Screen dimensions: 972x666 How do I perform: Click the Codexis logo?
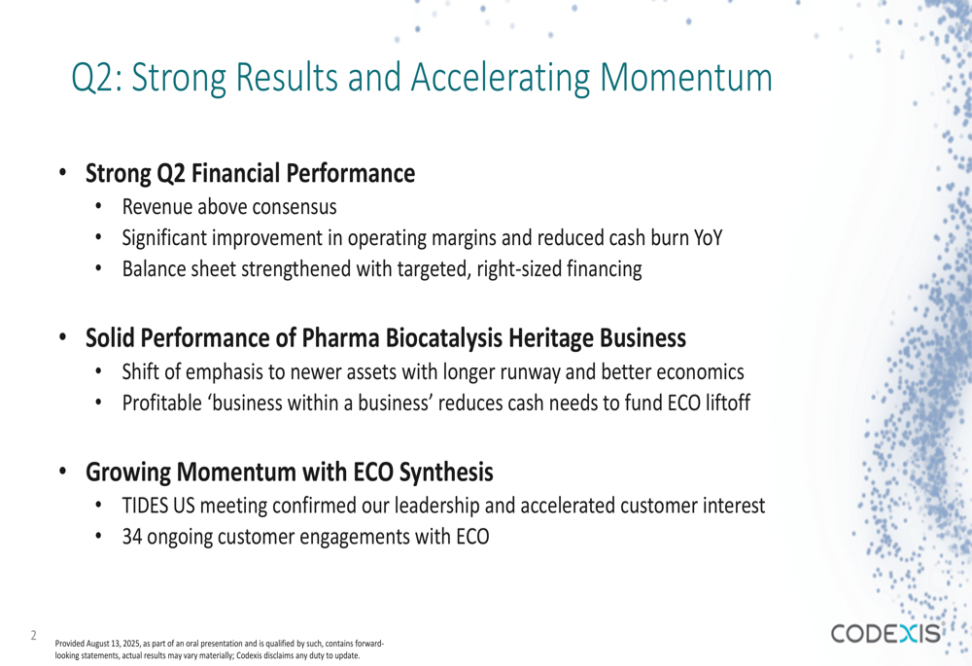885,633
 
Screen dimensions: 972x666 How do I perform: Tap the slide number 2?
33,635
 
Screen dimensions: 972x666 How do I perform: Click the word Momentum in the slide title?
685,78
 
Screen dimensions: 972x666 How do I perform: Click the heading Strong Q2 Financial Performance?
250,174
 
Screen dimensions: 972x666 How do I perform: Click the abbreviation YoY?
708,238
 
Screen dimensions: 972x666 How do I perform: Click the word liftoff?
728,403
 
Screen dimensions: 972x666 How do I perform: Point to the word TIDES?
145,506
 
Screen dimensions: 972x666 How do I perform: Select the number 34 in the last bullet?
132,537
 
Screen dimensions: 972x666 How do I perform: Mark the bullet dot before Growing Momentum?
62,471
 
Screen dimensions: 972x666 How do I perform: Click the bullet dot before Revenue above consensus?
98,205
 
